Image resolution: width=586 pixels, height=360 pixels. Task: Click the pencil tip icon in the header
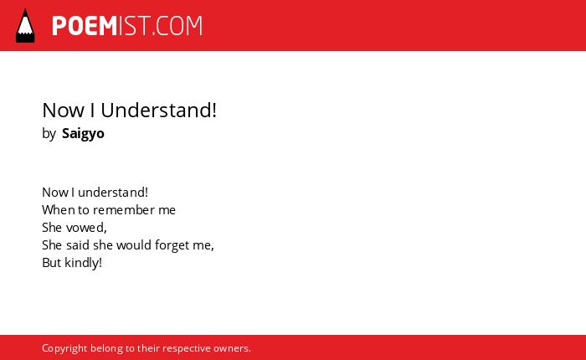25,26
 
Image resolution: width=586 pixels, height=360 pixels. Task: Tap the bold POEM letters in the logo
85,26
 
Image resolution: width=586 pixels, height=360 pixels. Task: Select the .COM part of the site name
177,26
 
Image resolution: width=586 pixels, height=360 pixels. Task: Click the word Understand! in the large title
158,111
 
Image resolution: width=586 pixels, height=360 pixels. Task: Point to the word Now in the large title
64,111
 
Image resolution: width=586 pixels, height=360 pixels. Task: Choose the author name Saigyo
83,134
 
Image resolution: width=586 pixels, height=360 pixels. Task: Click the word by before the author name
49,134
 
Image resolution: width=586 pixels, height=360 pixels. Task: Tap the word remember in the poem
124,210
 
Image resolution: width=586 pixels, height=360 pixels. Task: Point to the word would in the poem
134,245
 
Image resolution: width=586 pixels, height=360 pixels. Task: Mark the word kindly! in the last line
83,263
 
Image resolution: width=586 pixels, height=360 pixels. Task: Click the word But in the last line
52,263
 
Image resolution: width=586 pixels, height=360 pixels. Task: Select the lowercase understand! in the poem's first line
113,193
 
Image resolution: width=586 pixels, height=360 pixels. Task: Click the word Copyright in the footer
64,348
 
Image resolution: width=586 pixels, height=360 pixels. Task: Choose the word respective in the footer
187,349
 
